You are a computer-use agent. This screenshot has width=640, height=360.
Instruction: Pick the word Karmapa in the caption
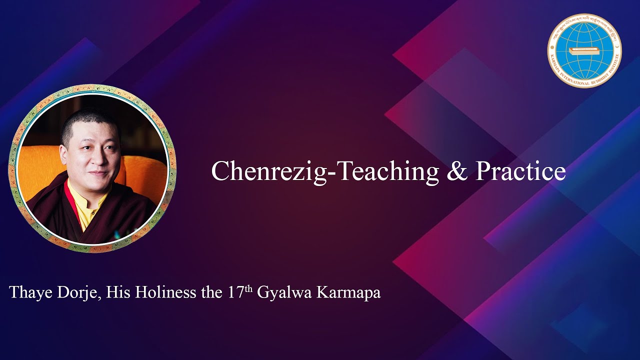click(x=348, y=293)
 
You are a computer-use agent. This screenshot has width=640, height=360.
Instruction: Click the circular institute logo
click(x=584, y=50)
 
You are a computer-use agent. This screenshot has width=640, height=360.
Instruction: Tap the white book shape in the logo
click(x=584, y=51)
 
